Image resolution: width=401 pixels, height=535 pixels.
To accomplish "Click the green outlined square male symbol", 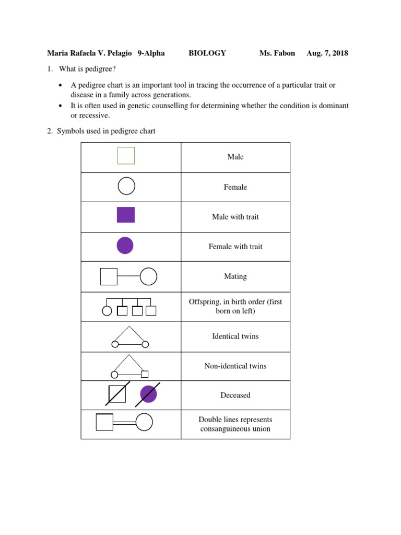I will (x=126, y=156).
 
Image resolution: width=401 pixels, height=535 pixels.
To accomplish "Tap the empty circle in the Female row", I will (x=126, y=186).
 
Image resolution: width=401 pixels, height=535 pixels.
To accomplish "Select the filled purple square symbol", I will (x=126, y=215).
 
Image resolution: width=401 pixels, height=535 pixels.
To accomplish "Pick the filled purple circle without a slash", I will (x=125, y=245).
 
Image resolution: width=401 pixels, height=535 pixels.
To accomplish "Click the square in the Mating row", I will (x=109, y=276).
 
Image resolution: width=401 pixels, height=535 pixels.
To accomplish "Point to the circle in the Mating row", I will (x=148, y=276).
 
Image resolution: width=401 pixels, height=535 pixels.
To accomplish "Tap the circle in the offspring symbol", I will (x=107, y=311).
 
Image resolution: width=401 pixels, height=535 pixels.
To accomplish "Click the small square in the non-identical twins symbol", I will (x=145, y=374).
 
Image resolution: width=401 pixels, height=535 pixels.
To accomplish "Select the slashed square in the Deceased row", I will (x=117, y=394).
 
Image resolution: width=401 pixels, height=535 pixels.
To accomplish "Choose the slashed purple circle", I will (x=148, y=394).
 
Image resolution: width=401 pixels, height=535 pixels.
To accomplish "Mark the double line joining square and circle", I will (x=124, y=422).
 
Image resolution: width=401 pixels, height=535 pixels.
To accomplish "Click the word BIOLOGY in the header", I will (x=207, y=53).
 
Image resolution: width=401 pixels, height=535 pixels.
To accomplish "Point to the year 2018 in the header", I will (x=339, y=53).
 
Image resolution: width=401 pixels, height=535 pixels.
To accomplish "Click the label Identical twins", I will (x=235, y=336).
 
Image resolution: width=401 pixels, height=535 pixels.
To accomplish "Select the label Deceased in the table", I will (x=235, y=396).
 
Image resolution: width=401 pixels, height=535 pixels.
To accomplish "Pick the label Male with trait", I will (x=235, y=217).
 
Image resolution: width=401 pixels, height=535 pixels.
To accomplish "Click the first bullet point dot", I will (x=61, y=85).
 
